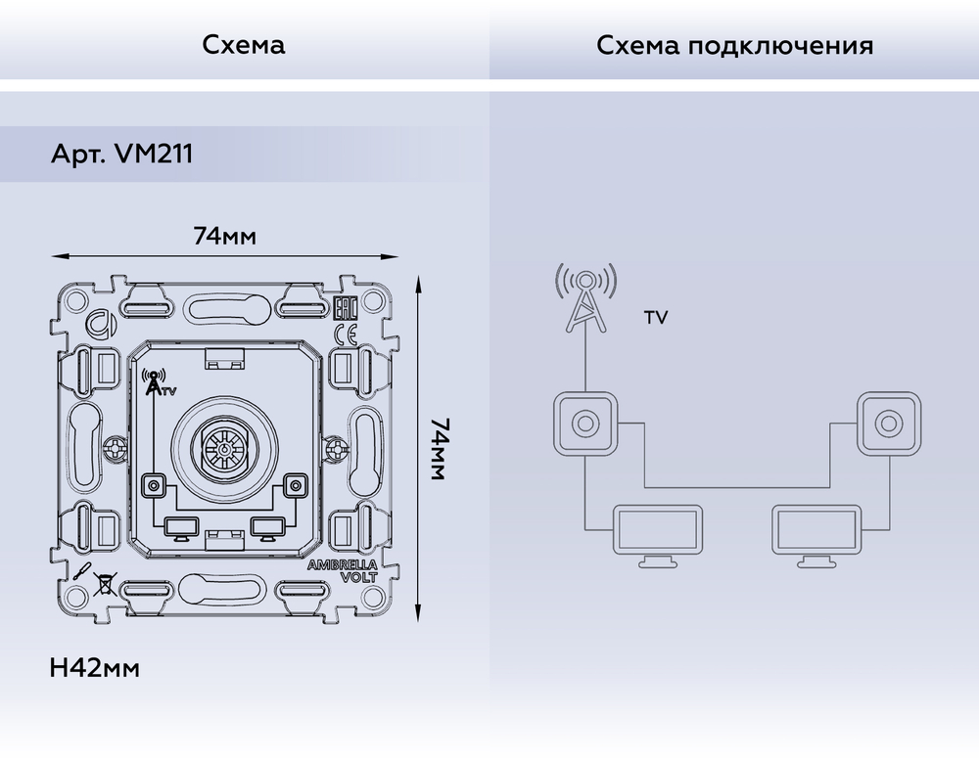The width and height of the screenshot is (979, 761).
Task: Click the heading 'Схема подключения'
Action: pyautogui.click(x=734, y=45)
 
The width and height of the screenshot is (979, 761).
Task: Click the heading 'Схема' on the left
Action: pyautogui.click(x=244, y=45)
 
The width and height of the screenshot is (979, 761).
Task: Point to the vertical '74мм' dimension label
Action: pyautogui.click(x=440, y=449)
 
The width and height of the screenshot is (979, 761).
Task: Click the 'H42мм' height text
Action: pyautogui.click(x=94, y=669)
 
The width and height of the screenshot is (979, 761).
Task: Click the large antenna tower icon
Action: pyautogui.click(x=585, y=298)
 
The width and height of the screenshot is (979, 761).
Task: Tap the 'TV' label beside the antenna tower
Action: pyautogui.click(x=656, y=319)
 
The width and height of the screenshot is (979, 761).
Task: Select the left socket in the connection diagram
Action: pyautogui.click(x=585, y=424)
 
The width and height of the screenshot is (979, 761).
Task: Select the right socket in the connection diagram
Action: pyautogui.click(x=888, y=424)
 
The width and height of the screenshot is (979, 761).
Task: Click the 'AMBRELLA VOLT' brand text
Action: pyautogui.click(x=336, y=570)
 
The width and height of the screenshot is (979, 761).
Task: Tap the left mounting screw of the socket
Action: pyautogui.click(x=114, y=449)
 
